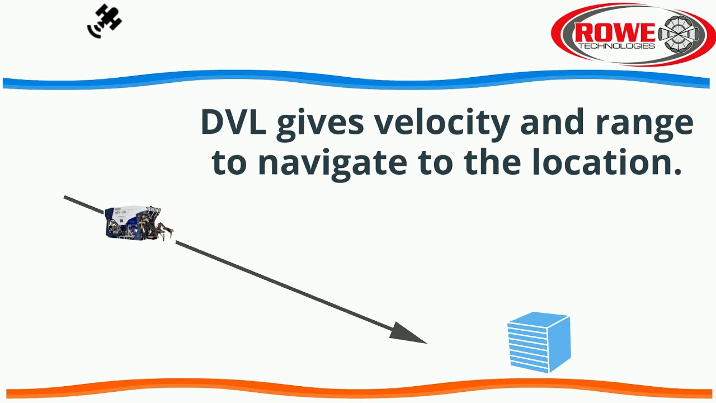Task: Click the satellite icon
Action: coord(105,21)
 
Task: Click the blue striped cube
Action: coord(539,342)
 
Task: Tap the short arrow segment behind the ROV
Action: coord(84,205)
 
